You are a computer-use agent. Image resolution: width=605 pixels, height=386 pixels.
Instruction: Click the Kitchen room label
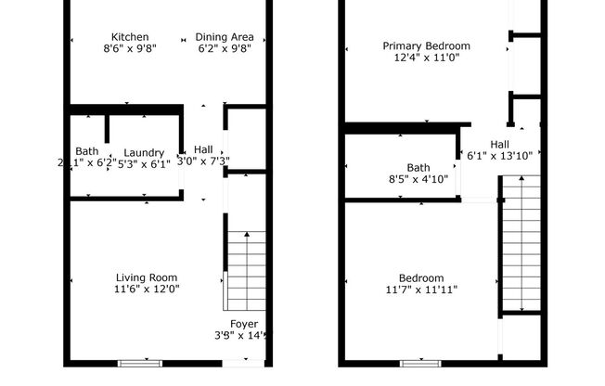coord(129,37)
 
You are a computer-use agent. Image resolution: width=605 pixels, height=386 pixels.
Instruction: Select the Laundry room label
coord(144,153)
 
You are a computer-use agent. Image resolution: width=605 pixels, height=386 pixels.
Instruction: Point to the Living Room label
coord(147,277)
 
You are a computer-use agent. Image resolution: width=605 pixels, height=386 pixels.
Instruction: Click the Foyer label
coord(244,324)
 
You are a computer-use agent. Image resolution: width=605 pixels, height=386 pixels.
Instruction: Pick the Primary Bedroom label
coord(427,45)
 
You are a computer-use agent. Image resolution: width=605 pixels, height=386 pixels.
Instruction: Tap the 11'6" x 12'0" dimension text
coord(147,289)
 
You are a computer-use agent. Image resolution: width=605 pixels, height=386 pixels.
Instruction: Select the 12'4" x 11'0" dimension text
coord(427,57)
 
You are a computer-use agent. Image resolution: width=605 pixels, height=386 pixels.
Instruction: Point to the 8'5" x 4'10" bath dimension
coord(418,179)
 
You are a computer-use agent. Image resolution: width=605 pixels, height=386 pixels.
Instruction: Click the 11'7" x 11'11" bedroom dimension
coord(421,289)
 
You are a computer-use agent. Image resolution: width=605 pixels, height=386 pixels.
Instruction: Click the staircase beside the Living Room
coord(245,271)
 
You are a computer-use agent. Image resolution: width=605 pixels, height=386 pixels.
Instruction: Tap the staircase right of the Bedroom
coord(521,246)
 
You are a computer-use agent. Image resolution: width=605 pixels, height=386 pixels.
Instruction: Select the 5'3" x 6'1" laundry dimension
coord(144,163)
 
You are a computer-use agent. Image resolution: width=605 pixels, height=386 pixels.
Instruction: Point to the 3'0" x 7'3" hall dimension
coord(203,161)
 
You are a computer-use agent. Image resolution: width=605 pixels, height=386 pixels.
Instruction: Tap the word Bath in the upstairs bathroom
coord(418,168)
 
